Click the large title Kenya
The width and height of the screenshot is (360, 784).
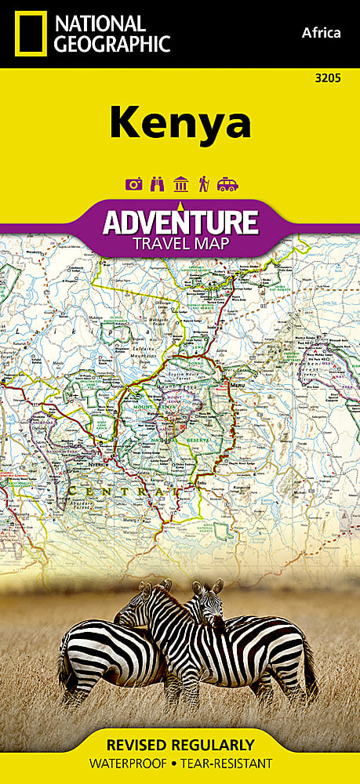tap(180, 122)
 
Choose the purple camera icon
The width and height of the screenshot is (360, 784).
tap(133, 185)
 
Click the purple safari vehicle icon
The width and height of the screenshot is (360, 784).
tap(227, 185)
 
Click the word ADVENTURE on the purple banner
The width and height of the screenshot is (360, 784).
tap(180, 222)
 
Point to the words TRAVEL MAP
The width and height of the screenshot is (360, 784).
tap(180, 243)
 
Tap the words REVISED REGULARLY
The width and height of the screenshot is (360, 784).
tap(180, 744)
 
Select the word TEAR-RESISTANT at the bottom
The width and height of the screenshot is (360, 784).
tap(228, 763)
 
